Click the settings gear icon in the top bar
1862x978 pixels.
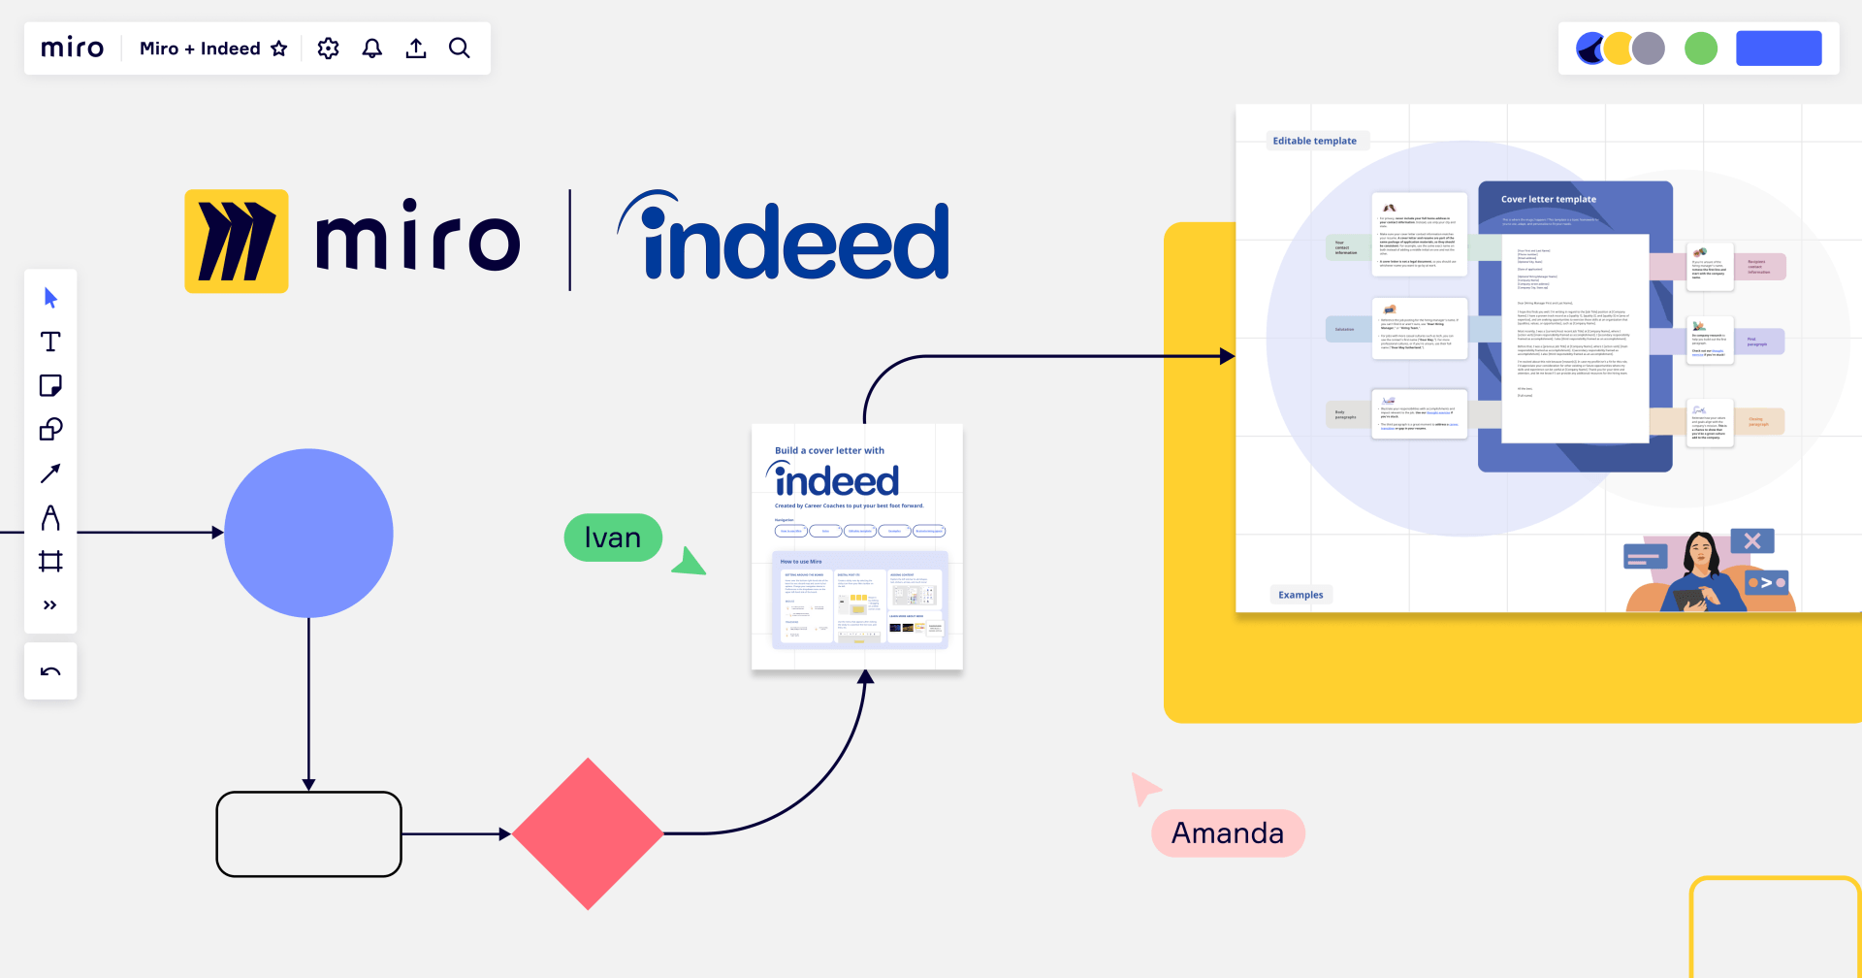tap(329, 49)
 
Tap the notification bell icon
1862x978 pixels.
tap(372, 49)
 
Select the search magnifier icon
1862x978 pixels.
tap(460, 49)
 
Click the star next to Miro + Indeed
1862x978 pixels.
tap(279, 49)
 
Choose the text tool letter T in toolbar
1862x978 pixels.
tap(50, 342)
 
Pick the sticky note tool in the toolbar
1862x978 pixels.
tap(50, 386)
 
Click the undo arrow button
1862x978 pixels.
tap(50, 671)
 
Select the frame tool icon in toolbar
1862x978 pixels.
tap(50, 561)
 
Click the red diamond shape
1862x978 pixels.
tap(588, 834)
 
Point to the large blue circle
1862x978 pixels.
tap(308, 533)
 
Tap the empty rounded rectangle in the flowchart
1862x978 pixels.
tap(308, 834)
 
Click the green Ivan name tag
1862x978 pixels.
tap(613, 538)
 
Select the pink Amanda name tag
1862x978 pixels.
tap(1228, 833)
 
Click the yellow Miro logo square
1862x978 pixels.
tap(237, 242)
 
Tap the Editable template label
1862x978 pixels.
tap(1315, 141)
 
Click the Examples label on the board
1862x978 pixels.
tap(1300, 595)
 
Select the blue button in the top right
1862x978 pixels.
tap(1779, 49)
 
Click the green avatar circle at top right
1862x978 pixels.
tap(1701, 49)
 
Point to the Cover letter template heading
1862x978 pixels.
tap(1549, 199)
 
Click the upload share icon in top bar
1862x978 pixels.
tap(416, 49)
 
